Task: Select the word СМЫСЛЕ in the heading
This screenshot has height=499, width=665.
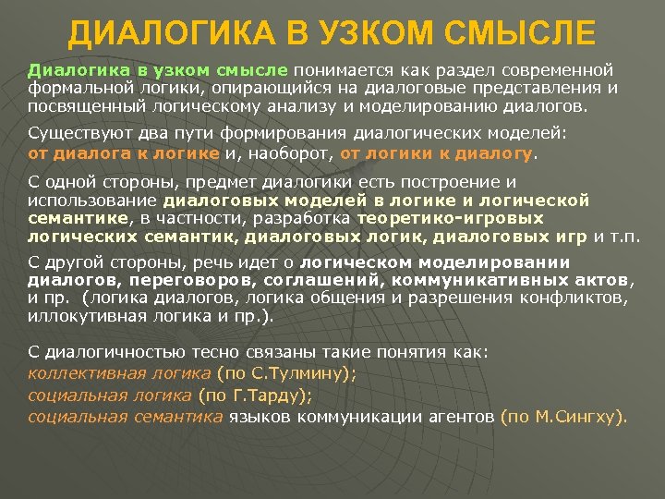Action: pos(522,34)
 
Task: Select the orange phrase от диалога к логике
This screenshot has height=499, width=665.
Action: pos(123,152)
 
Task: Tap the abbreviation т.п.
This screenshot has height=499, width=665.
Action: pos(625,236)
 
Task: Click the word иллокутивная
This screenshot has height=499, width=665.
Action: pos(79,315)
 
